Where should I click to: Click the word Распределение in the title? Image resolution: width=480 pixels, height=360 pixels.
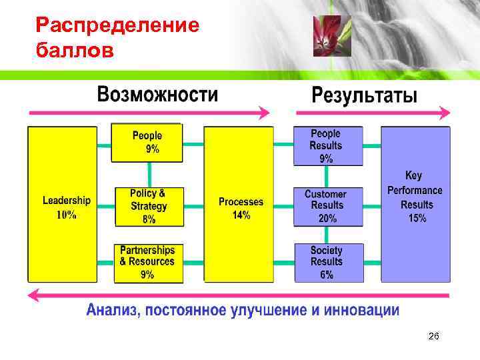point(117,26)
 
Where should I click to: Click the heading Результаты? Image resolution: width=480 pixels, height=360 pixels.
point(365,96)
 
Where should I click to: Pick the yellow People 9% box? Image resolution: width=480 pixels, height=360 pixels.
point(147,143)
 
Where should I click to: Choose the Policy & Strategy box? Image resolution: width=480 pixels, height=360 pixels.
point(149,205)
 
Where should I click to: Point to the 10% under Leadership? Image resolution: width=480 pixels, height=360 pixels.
point(66,215)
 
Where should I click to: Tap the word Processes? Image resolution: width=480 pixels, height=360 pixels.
point(241,201)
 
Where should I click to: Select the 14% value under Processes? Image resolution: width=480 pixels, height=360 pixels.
point(241,215)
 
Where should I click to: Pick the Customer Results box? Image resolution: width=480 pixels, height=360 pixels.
point(328,205)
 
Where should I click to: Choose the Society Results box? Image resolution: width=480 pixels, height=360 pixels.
point(328,262)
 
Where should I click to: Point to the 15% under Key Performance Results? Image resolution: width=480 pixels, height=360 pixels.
point(417,218)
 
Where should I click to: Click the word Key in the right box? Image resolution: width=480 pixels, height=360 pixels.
point(414,175)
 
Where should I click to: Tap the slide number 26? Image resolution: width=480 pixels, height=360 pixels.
point(433,339)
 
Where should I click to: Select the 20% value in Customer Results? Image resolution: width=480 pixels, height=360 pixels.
point(327,218)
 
